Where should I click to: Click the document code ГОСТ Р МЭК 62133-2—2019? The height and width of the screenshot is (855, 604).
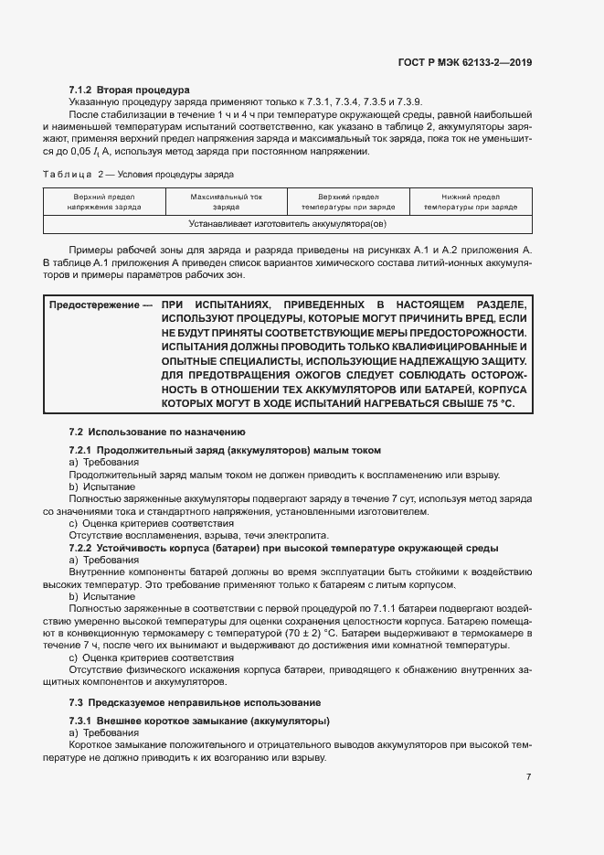[465, 63]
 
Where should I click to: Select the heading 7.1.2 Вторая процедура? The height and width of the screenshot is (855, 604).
[129, 91]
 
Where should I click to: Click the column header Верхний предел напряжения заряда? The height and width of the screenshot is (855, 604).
[104, 201]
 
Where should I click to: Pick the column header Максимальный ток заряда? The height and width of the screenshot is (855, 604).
[226, 201]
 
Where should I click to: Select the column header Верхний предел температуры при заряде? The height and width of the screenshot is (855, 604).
[348, 201]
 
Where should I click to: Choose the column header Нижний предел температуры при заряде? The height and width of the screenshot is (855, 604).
[471, 201]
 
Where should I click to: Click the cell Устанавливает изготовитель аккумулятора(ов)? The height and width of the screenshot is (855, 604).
[287, 222]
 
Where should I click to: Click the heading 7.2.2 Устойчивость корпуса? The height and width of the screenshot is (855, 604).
[283, 548]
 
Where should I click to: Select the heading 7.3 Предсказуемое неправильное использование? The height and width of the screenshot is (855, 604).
[194, 702]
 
